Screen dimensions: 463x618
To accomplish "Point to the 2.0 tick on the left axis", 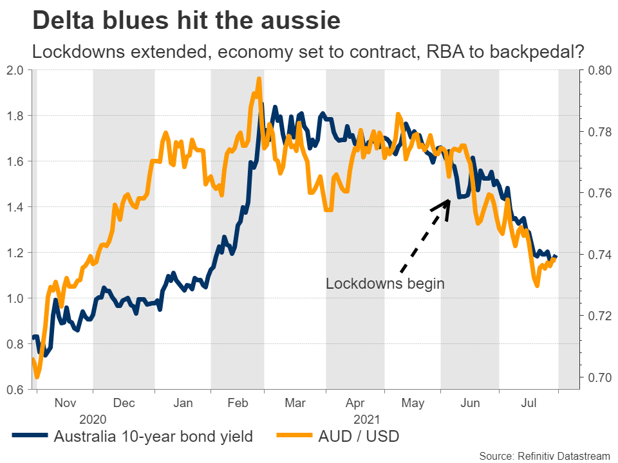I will click(15, 70).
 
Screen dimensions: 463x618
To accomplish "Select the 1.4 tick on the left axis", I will click(15, 207).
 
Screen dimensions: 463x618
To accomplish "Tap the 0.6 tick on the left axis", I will click(15, 390).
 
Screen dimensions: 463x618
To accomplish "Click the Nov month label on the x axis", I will click(65, 403).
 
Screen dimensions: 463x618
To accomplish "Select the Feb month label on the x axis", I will click(238, 403).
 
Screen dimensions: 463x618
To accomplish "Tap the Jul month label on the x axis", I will click(529, 403).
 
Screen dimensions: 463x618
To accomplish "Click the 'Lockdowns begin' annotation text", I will click(385, 284).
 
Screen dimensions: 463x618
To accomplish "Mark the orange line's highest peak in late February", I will click(258, 79).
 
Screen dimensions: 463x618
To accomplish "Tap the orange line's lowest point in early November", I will click(37, 377).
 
